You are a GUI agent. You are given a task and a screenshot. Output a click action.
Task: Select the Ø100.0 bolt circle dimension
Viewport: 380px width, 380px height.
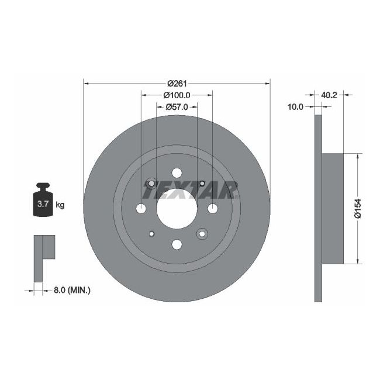click(177, 95)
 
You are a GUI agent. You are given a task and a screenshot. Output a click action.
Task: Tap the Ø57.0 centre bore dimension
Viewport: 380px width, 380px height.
click(177, 107)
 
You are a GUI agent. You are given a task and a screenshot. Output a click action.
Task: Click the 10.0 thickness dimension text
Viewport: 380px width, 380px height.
click(296, 106)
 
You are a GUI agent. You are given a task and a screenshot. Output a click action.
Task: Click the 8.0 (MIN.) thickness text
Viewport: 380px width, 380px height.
click(71, 289)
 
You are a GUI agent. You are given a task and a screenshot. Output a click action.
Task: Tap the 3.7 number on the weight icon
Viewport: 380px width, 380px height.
click(43, 204)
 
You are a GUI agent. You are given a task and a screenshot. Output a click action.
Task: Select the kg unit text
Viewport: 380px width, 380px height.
click(60, 205)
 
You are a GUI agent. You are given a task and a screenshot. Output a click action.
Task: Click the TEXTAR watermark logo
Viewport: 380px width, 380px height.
click(190, 189)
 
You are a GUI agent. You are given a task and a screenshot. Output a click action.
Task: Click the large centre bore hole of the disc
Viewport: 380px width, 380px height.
click(177, 209)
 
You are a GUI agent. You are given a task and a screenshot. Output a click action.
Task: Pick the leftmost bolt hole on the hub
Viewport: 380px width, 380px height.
click(140, 209)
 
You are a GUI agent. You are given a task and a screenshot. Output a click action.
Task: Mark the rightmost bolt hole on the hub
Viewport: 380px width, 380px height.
click(212, 209)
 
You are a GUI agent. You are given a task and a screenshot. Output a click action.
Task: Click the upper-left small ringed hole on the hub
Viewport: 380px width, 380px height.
click(151, 184)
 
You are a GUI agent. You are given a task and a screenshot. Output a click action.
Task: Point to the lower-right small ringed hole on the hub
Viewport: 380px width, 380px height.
click(202, 234)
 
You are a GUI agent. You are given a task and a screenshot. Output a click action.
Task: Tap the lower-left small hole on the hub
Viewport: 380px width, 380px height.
click(151, 234)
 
